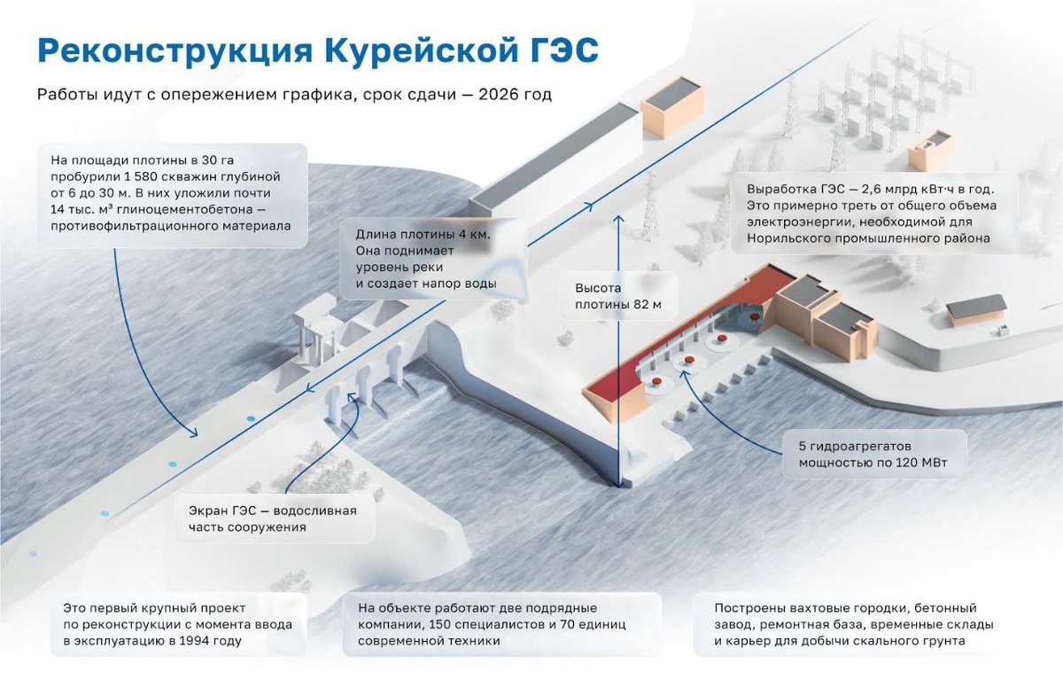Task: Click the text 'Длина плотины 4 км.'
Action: click(x=423, y=235)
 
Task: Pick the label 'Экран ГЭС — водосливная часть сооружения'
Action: click(x=272, y=519)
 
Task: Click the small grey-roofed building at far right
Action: click(x=976, y=309)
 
